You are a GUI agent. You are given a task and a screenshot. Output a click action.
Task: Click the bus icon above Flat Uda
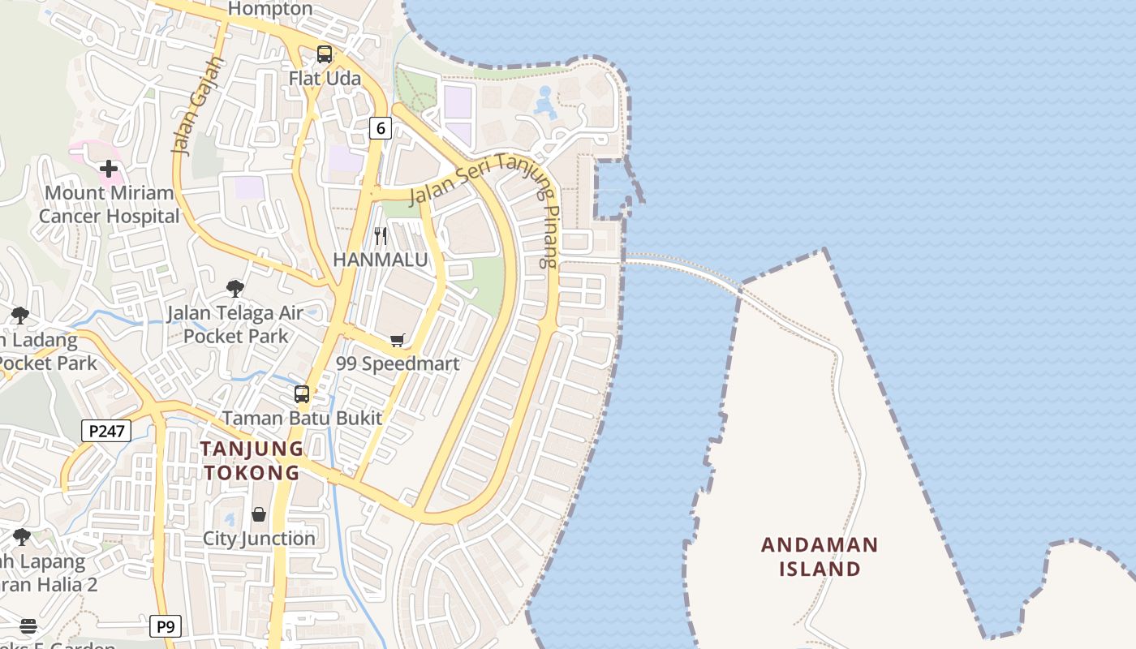[325, 54]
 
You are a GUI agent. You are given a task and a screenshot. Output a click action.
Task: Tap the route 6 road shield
[381, 127]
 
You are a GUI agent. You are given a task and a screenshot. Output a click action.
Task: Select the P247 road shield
[106, 431]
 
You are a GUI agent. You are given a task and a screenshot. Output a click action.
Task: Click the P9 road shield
[166, 626]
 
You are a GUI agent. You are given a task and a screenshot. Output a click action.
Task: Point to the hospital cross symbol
[109, 169]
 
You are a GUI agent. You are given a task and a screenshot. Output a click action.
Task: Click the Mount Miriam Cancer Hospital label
[110, 204]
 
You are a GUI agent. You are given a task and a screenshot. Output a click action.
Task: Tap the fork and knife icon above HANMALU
[381, 236]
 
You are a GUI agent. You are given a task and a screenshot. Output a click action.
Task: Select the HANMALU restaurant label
[381, 260]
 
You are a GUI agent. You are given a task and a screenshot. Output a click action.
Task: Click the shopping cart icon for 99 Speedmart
[398, 340]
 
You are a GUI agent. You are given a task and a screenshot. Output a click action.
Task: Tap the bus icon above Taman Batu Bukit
[302, 395]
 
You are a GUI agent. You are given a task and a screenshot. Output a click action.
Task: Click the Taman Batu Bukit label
[302, 419]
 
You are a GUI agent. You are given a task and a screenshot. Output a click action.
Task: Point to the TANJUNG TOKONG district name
[252, 461]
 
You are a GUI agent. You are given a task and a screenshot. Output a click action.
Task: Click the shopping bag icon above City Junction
[259, 514]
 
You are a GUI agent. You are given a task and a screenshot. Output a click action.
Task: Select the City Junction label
[259, 539]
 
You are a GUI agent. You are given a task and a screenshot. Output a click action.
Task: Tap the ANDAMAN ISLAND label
[820, 557]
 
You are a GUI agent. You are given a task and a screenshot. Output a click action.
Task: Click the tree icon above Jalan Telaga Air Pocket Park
[235, 288]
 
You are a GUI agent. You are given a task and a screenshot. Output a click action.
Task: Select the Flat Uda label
[325, 79]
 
